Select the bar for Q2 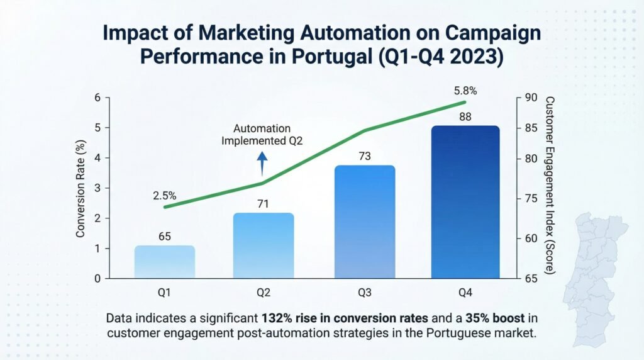tap(264, 245)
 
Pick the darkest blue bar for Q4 tap(465, 201)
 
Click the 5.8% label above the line tap(464, 91)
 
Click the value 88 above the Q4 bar tap(465, 117)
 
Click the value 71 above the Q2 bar tap(264, 204)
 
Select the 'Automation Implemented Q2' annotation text tap(262, 135)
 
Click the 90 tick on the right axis tap(530, 98)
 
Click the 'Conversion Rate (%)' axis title tap(80, 188)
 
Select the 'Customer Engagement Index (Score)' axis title tap(550, 186)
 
